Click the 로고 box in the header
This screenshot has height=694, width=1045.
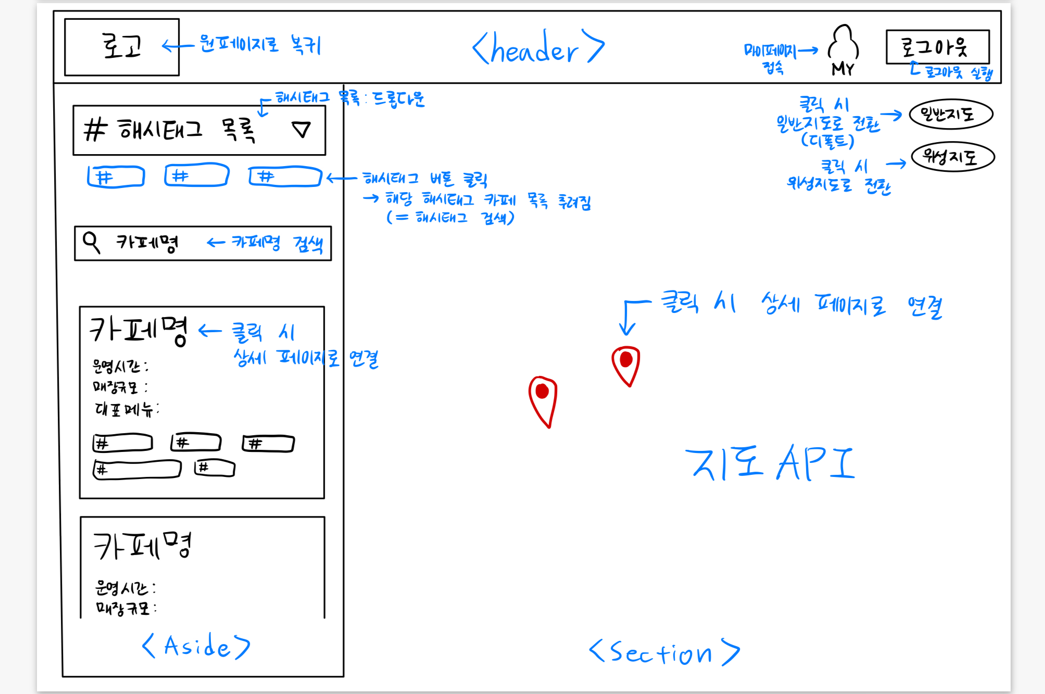click(122, 47)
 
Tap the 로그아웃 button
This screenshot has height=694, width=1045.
click(937, 47)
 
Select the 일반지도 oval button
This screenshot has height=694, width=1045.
click(951, 114)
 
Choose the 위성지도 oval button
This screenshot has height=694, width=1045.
click(953, 157)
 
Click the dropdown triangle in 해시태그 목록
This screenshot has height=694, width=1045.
click(301, 129)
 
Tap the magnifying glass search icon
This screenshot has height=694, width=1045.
click(92, 242)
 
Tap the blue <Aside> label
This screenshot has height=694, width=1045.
click(196, 646)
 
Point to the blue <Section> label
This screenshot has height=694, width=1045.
click(664, 652)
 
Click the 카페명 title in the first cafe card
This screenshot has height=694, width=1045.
click(139, 330)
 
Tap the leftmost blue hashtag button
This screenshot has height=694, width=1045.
click(116, 177)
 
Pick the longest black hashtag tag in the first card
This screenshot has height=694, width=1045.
click(137, 469)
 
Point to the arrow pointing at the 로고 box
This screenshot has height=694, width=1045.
click(178, 46)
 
